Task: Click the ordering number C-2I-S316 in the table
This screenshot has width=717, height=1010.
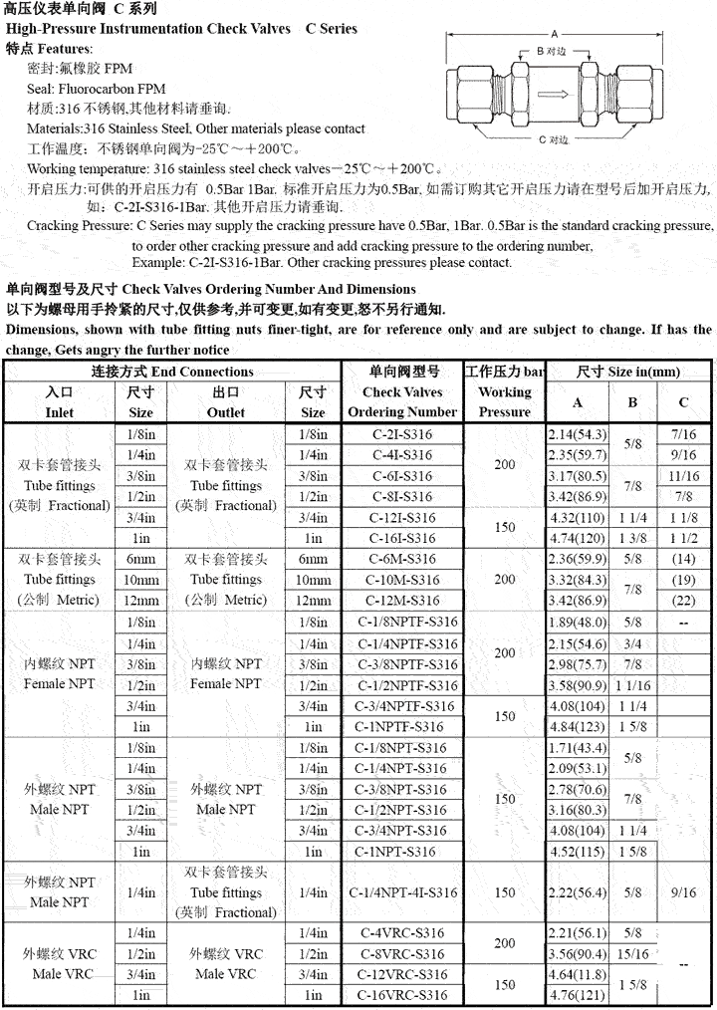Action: pos(403,435)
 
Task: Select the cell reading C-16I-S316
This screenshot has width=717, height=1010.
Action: pos(403,539)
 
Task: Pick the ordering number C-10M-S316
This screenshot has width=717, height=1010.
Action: pos(403,580)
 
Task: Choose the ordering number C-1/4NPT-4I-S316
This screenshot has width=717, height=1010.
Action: pos(403,892)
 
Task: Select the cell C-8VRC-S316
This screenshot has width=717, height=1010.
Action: pos(403,953)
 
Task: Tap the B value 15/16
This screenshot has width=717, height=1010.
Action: pos(632,953)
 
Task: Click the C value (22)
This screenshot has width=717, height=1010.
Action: pos(683,601)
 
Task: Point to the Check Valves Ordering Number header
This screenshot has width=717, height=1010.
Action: pos(403,401)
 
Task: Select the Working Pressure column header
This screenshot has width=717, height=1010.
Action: pos(504,401)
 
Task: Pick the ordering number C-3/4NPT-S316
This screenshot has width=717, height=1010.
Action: pos(403,830)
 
